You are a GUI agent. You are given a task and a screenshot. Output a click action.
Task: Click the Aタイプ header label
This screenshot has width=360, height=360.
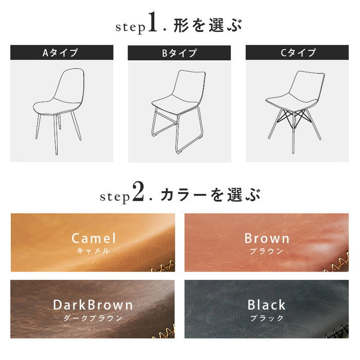pos(62,52)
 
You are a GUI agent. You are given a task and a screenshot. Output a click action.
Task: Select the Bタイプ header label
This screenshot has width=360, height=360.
pos(179,52)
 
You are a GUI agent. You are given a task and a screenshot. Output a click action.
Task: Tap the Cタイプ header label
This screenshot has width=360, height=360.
pos(297,52)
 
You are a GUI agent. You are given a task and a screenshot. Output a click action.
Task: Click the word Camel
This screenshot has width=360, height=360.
pos(93,238)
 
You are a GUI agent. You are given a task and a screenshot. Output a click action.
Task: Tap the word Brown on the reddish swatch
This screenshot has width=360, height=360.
pos(267,238)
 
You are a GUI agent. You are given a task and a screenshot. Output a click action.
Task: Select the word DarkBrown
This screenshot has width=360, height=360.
pos(93,304)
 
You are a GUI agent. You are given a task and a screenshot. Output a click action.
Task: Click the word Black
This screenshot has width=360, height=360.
pos(266,304)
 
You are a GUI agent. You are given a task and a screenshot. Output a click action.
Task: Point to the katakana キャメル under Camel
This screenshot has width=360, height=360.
pos(93,251)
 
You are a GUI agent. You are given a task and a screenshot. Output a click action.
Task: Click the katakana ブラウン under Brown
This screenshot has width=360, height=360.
pos(267,251)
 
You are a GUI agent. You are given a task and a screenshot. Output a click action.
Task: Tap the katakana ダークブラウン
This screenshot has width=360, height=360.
pos(93,318)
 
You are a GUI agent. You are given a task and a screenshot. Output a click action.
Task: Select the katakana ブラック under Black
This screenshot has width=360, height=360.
pos(267,318)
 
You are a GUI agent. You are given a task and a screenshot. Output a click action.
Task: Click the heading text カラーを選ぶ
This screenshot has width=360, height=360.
pos(210,194)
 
